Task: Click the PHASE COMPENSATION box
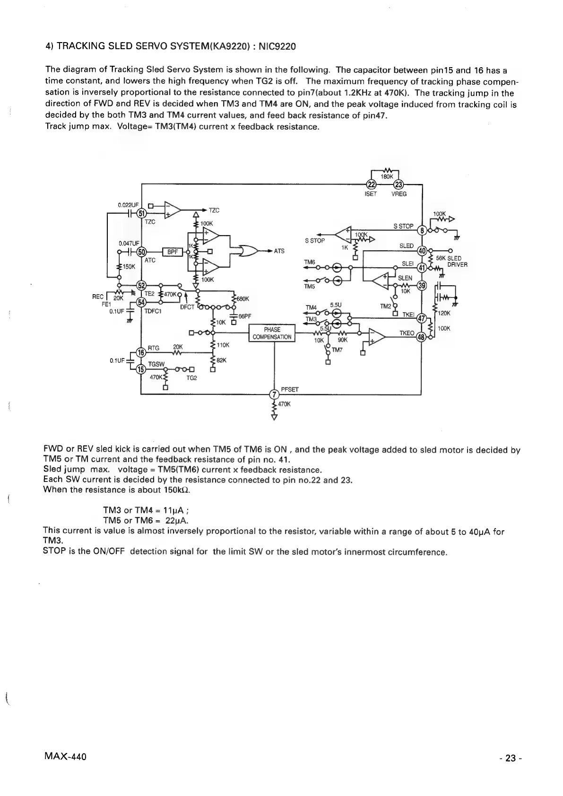click(x=273, y=333)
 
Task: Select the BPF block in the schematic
click(x=172, y=252)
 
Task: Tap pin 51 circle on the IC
click(x=141, y=213)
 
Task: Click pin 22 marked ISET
click(x=372, y=184)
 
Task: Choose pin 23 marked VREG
click(x=398, y=184)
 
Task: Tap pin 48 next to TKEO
click(x=421, y=337)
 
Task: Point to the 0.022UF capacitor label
click(x=128, y=205)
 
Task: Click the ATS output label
click(x=279, y=251)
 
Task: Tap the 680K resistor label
click(x=243, y=298)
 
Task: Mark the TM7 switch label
click(x=337, y=350)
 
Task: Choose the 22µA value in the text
click(x=176, y=520)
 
